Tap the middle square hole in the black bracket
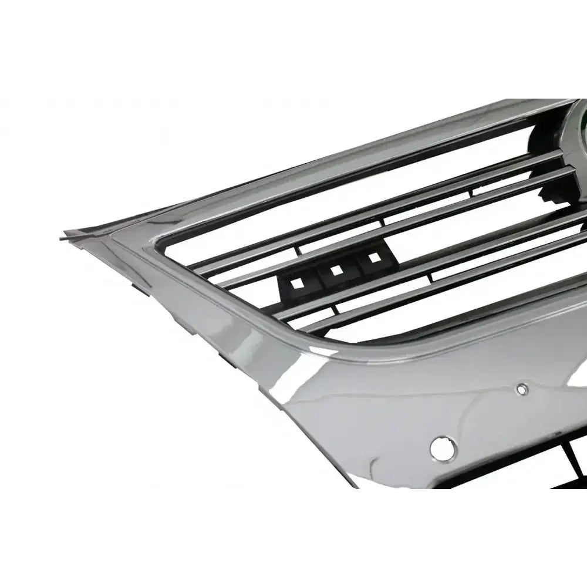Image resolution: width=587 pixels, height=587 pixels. click(336, 271)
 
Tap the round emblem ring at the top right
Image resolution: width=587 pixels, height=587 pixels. click(572, 126)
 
